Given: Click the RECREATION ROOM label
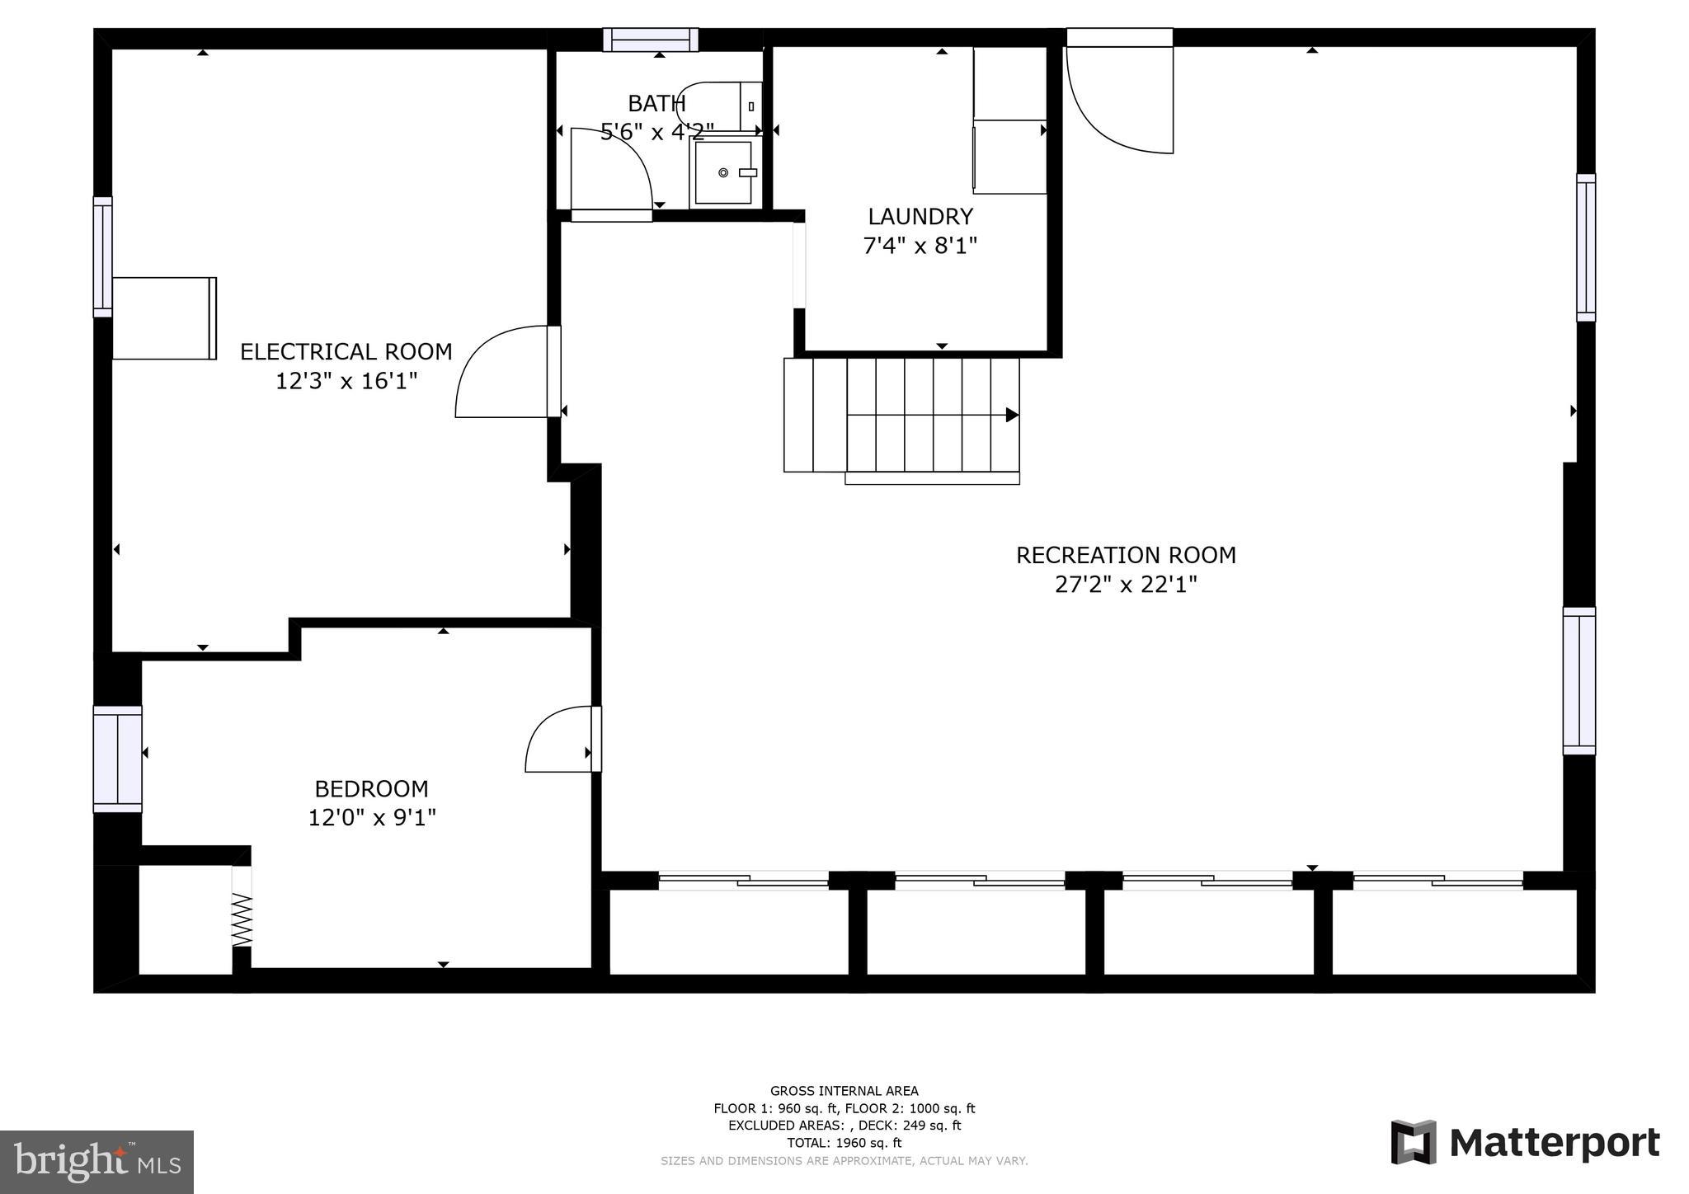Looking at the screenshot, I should coord(1126,555).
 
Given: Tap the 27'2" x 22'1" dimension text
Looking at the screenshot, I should coord(1126,585).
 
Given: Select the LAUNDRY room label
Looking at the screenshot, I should coord(920,217).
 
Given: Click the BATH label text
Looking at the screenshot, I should coord(656,104).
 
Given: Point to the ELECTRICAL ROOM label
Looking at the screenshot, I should coord(346,352).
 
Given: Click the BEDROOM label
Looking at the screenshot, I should coord(371,789).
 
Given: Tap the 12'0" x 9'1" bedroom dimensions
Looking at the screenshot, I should coord(371,818).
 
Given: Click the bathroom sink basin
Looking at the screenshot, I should coord(723,172).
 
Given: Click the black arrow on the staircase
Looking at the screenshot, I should coord(1011,415).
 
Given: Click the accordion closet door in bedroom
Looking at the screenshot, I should coord(242,919).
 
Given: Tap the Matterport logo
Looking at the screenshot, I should coord(1525,1143).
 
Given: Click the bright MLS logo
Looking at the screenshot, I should coord(96,1163).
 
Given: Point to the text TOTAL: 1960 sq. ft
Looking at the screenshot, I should coord(844,1143).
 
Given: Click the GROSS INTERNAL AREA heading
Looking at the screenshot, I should coord(844,1091).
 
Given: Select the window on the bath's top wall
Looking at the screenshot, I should coord(651,40).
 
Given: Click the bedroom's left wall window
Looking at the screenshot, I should coord(117,759).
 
